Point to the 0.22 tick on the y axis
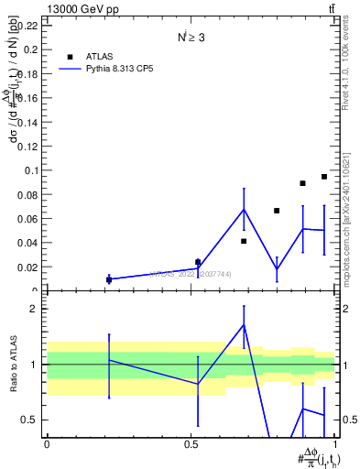point(31,26)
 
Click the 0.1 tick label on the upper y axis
point(34,170)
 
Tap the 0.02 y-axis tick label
point(31,267)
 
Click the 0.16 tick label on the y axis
point(31,98)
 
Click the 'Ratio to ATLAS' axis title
point(12,365)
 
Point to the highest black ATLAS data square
point(324,177)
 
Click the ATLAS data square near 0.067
point(277,211)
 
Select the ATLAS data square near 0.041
point(244,241)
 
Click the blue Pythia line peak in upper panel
point(244,209)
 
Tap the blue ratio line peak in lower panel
point(244,325)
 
